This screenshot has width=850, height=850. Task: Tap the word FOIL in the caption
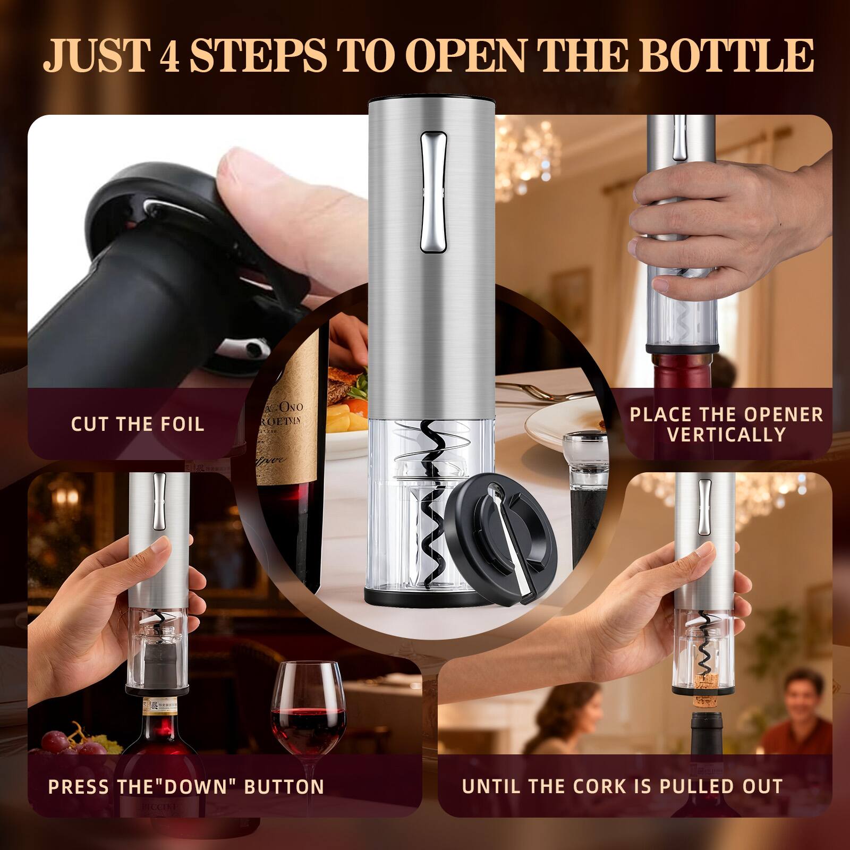pyautogui.click(x=179, y=424)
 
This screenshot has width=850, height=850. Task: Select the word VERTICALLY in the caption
pyautogui.click(x=726, y=435)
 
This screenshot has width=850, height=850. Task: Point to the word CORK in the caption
pyautogui.click(x=594, y=786)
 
